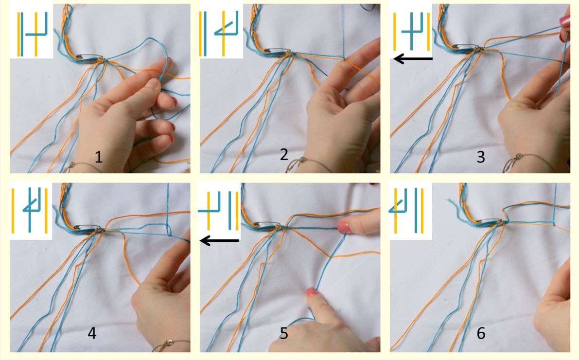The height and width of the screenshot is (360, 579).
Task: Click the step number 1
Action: (x=99, y=157)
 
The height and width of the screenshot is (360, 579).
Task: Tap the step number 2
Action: (x=283, y=154)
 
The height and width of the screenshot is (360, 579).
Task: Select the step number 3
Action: (x=480, y=157)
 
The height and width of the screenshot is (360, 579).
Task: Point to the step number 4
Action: (x=92, y=333)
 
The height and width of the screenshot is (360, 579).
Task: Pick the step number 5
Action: (x=283, y=333)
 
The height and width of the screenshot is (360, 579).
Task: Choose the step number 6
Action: (x=481, y=333)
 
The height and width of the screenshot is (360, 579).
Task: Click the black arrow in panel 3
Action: (x=413, y=58)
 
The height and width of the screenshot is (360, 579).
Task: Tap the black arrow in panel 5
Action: (x=219, y=241)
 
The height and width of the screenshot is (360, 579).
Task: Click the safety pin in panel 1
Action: (x=89, y=56)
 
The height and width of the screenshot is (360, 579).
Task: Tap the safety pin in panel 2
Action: (x=278, y=50)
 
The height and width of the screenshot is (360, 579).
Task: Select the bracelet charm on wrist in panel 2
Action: (x=303, y=160)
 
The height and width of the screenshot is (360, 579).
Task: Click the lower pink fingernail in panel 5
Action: (x=312, y=291)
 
